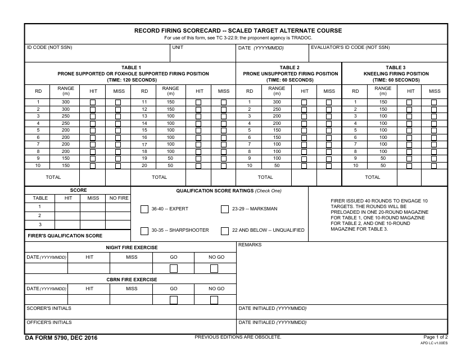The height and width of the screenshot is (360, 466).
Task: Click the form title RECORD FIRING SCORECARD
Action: [237, 30]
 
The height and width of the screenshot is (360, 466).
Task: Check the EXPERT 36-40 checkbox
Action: [144, 209]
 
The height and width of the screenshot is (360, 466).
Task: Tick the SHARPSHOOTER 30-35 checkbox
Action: [144, 231]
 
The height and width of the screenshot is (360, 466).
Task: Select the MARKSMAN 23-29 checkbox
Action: [225, 209]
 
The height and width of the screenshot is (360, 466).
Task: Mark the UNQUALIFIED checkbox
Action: [225, 231]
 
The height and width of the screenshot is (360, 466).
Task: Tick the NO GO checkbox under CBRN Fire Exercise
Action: [214, 300]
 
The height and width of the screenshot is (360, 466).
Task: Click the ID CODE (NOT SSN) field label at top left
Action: [49, 48]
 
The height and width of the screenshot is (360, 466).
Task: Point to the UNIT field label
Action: [178, 48]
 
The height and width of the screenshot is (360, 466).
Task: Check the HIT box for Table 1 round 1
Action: [93, 102]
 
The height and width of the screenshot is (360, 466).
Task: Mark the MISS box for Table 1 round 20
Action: [224, 166]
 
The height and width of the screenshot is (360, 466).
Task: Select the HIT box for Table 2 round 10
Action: [304, 166]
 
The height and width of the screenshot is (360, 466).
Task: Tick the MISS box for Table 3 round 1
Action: [434, 102]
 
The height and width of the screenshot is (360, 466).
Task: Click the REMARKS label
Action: [250, 245]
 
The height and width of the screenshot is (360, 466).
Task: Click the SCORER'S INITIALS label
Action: [49, 308]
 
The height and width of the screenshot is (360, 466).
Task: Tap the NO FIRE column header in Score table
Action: [119, 198]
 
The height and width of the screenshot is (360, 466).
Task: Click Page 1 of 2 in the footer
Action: [435, 337]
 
